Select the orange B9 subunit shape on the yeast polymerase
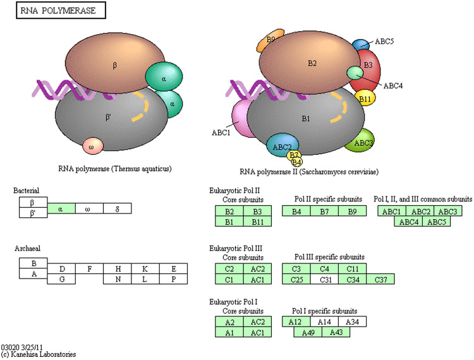point(269,40)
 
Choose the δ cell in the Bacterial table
point(118,208)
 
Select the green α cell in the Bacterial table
point(61,208)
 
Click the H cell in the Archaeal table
point(118,269)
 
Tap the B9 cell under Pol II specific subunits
point(351,211)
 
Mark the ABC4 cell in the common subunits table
point(409,221)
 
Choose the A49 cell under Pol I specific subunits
point(308,332)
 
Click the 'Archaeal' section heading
point(27,249)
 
